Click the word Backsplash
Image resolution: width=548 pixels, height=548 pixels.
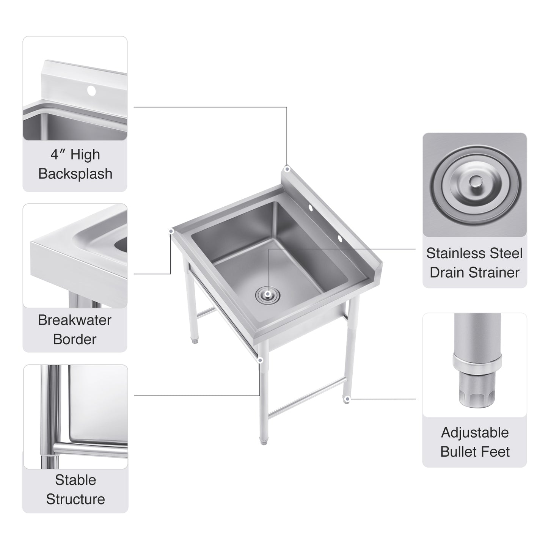[75, 174]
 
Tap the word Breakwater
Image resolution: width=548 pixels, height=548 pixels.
[75, 320]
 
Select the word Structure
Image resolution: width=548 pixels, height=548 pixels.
[75, 499]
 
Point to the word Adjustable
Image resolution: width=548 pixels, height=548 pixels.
[475, 432]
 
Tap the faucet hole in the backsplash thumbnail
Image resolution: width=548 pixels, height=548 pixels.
[91, 90]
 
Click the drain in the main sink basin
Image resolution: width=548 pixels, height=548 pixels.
[268, 294]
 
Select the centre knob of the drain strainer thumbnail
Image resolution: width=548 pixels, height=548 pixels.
[474, 183]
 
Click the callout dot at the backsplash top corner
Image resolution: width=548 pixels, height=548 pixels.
[287, 169]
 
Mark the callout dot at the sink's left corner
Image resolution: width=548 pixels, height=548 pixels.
[171, 231]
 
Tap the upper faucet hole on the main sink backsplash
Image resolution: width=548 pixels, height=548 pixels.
[310, 208]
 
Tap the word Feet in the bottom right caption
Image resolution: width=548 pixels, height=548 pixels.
[496, 452]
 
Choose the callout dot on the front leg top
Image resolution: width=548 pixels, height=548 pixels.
[260, 360]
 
